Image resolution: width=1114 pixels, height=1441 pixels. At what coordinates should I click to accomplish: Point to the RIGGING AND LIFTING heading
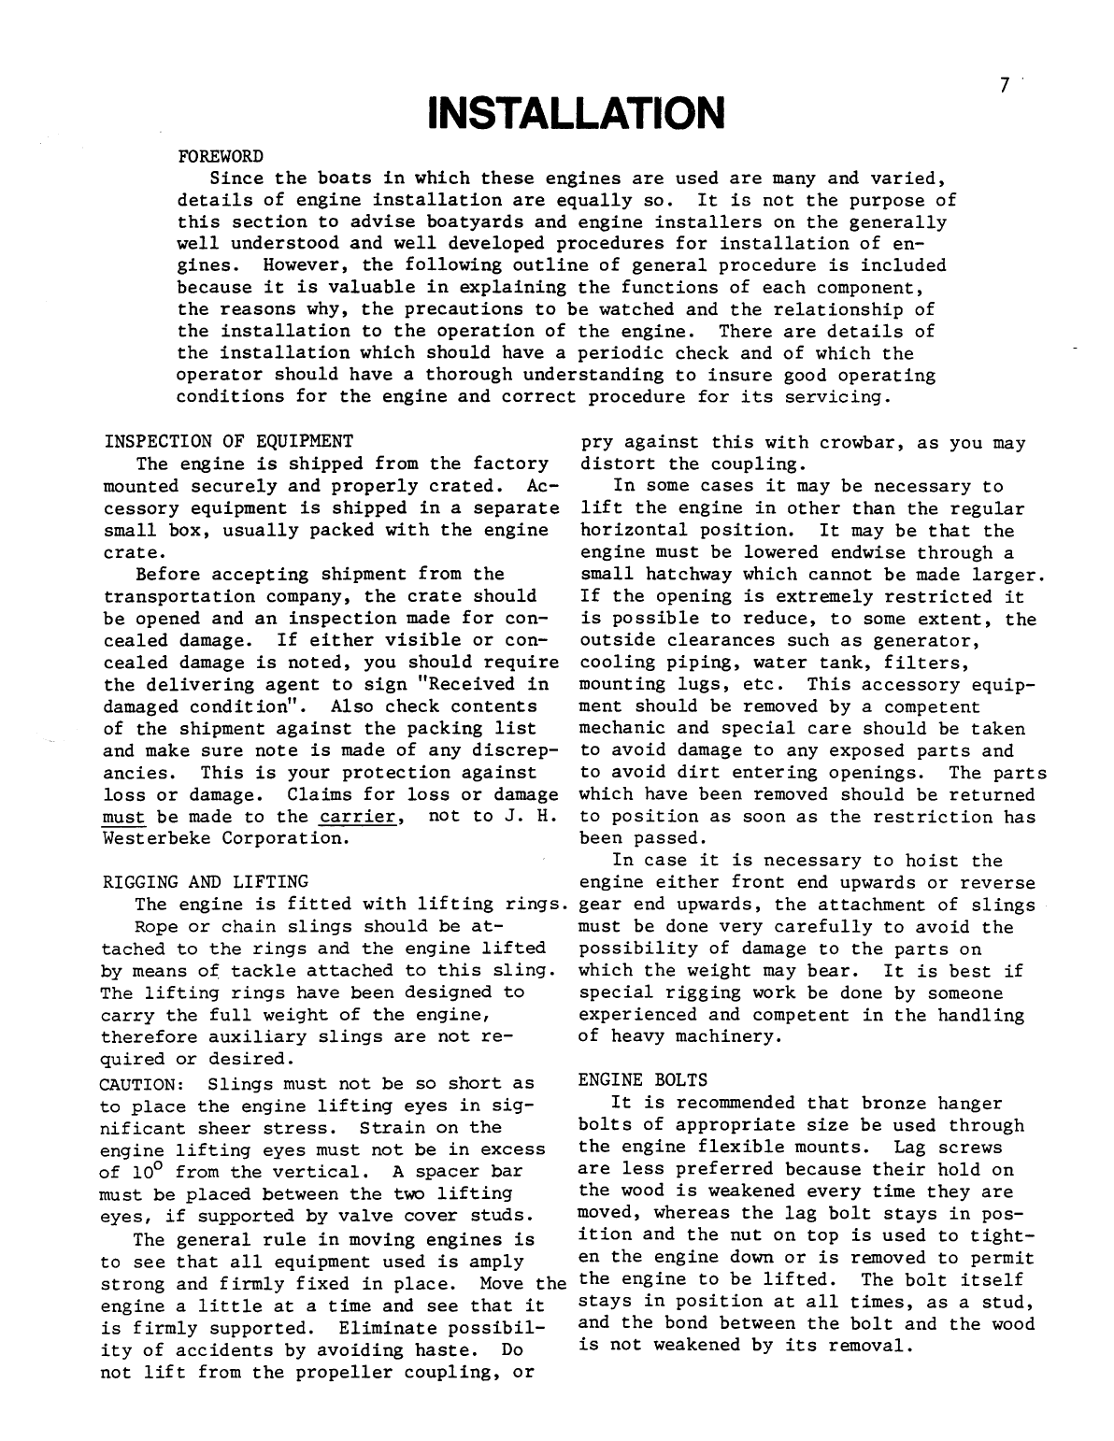click(x=206, y=881)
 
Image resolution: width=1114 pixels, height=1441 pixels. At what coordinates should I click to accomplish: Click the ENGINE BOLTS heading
click(x=643, y=1080)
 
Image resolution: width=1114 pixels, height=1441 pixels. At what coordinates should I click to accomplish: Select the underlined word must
click(x=123, y=816)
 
